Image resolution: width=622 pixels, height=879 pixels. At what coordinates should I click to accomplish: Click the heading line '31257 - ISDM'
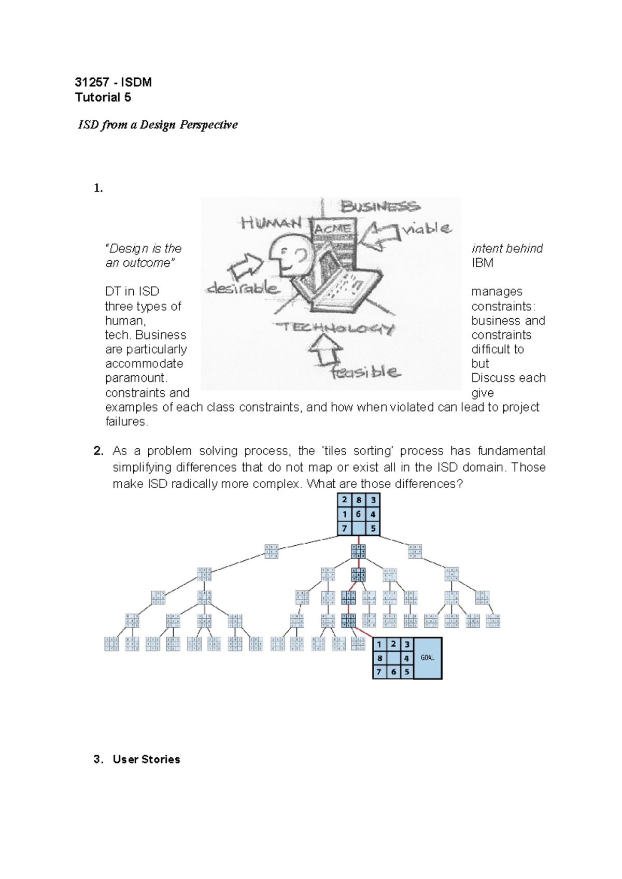tap(113, 82)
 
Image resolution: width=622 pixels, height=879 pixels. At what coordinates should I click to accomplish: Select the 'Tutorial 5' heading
tap(103, 97)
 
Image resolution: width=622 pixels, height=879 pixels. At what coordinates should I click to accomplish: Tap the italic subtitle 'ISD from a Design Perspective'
tap(158, 125)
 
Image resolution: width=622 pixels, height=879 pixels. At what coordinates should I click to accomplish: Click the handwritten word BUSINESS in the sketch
tap(380, 207)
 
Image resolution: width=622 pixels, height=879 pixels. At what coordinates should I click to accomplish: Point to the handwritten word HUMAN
tap(271, 223)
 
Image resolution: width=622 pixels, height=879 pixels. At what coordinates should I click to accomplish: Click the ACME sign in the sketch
tap(333, 229)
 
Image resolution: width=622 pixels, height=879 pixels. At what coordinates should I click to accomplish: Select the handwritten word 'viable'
tap(428, 228)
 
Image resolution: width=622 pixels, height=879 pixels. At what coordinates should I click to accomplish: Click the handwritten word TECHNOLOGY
tap(334, 328)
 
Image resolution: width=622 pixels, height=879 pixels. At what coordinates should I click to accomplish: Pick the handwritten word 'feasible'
tap(366, 372)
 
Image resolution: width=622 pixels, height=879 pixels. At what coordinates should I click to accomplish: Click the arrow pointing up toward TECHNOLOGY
tap(325, 350)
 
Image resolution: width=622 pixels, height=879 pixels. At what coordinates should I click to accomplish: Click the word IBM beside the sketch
tap(482, 263)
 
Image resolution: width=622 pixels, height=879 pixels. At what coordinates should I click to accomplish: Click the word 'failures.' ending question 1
tap(126, 421)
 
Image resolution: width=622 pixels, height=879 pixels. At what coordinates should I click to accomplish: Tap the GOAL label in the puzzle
tap(428, 658)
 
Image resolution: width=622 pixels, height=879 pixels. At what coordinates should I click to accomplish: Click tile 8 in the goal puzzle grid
tap(379, 658)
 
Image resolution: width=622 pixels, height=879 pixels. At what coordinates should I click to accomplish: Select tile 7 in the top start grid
tap(344, 529)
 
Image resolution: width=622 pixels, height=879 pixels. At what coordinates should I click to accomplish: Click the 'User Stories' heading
tap(146, 759)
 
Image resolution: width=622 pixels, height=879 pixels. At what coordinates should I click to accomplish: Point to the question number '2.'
tap(99, 451)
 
